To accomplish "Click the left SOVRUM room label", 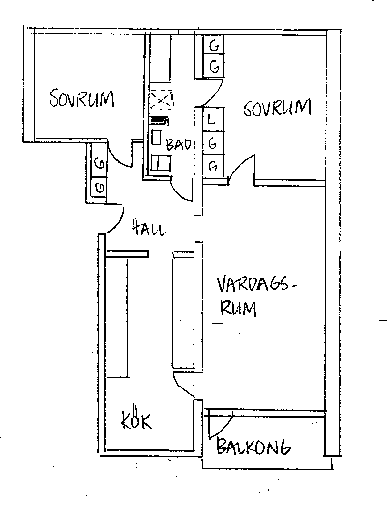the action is pyautogui.click(x=82, y=98).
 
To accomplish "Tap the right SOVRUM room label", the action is pyautogui.click(x=278, y=108).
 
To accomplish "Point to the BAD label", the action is pyautogui.click(x=179, y=144).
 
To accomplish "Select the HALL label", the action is pyautogui.click(x=149, y=228).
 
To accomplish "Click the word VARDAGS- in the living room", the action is pyautogui.click(x=257, y=285).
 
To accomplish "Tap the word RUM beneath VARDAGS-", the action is pyautogui.click(x=238, y=308).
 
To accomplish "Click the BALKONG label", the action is pyautogui.click(x=253, y=447).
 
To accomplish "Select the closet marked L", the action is pyautogui.click(x=214, y=118).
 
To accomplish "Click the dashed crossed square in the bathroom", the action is pyautogui.click(x=162, y=100).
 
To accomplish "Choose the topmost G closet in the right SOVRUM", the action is pyautogui.click(x=214, y=45).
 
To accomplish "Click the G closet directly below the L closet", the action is pyautogui.click(x=213, y=142).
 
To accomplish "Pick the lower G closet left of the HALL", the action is pyautogui.click(x=100, y=187).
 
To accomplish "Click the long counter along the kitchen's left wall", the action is pyautogui.click(x=117, y=318).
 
